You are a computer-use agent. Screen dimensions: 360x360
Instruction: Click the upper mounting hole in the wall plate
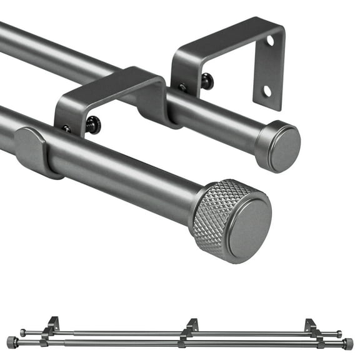270,41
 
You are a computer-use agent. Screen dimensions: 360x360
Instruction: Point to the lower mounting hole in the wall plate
267,91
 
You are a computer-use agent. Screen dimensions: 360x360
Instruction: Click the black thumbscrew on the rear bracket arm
206,81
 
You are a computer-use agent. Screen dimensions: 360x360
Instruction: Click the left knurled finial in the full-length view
11,342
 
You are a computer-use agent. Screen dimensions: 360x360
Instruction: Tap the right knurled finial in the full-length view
348,344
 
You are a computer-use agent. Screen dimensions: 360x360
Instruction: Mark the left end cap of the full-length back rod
23,333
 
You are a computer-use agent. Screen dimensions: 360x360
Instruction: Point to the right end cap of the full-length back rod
339,334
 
